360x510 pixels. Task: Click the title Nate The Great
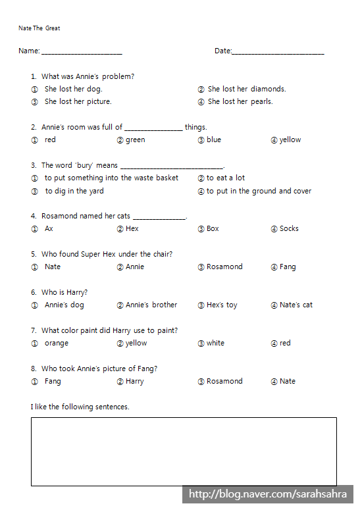pos(39,28)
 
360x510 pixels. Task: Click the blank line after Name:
pos(82,51)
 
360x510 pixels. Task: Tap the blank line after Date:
pos(278,51)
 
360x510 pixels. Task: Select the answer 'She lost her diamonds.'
pos(246,89)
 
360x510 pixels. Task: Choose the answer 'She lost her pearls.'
pos(240,101)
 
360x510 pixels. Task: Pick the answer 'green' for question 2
pos(135,140)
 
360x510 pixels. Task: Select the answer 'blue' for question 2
pos(213,140)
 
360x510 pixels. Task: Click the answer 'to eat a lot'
pos(225,178)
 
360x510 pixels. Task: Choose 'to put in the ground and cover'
pos(259,191)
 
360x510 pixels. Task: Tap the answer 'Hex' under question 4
pos(132,228)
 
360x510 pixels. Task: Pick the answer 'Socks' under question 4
pos(288,228)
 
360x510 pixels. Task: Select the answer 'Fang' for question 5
pos(287,267)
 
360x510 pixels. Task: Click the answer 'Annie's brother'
pos(151,305)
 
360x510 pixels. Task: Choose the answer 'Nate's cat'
pos(296,305)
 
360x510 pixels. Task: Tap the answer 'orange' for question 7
pos(56,343)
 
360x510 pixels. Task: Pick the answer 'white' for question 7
pos(215,343)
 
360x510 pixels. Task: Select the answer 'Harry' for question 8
pos(134,381)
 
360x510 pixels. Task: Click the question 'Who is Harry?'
pos(64,292)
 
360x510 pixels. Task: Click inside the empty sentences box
pos(184,451)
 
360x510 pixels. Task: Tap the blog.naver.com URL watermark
pos(270,494)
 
